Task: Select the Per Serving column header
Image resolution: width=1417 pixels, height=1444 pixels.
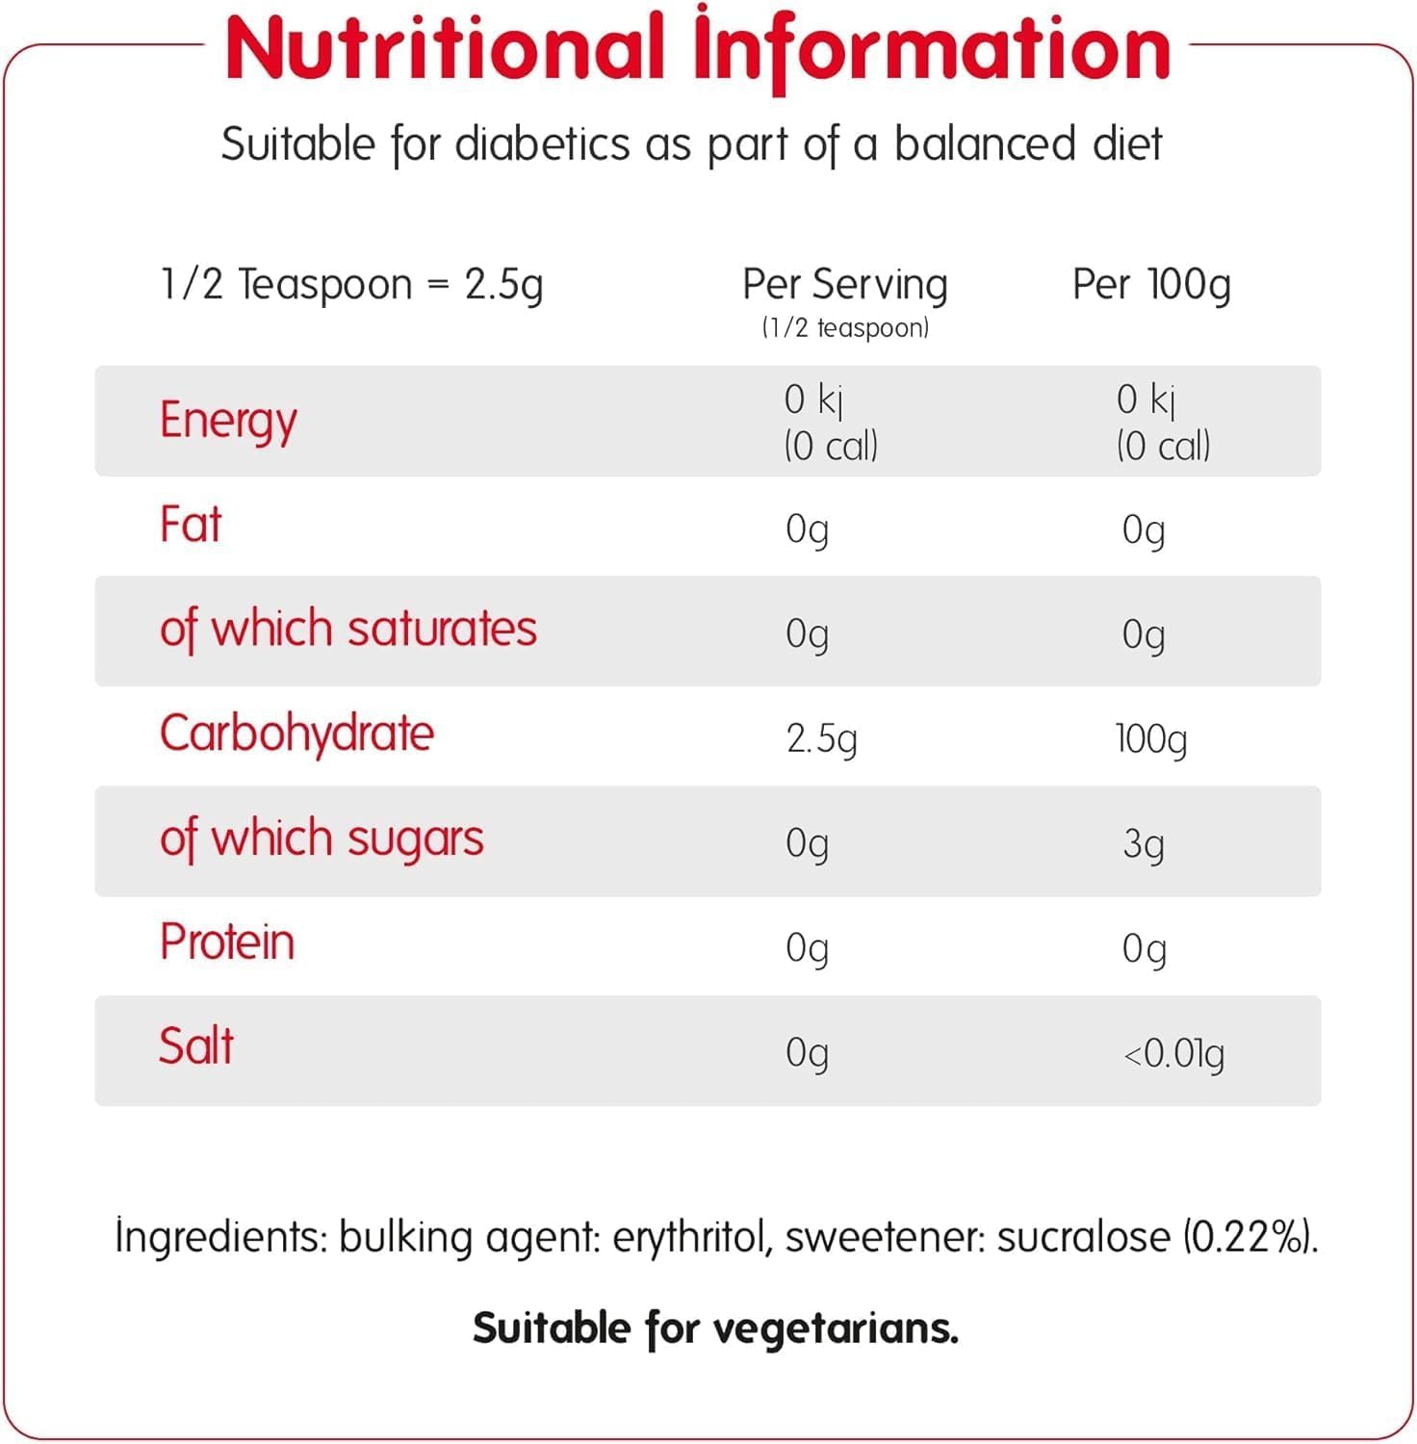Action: coord(844,284)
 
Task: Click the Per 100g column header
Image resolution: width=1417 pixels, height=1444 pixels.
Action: coord(1151,284)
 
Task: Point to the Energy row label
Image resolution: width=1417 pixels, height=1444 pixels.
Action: coord(228,421)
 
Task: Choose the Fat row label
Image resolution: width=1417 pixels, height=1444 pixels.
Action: coord(191,526)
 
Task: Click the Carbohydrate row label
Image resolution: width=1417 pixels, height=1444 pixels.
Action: coord(296,734)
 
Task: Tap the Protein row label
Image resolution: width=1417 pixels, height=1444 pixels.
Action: coord(227,942)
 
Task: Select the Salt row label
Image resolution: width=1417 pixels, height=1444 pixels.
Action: coord(196,1046)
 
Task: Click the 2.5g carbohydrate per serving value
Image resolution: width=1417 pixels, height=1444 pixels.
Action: coord(821,739)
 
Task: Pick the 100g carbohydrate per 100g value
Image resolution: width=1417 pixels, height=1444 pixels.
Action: coord(1150,739)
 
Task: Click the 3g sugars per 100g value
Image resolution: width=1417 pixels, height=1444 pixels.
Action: coord(1144,844)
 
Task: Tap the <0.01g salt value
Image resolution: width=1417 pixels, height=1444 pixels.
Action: coord(1173,1054)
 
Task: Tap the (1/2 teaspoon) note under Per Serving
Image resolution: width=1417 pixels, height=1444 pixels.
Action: coord(845,328)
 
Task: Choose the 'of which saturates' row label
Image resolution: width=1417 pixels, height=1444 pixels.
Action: coord(348,630)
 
